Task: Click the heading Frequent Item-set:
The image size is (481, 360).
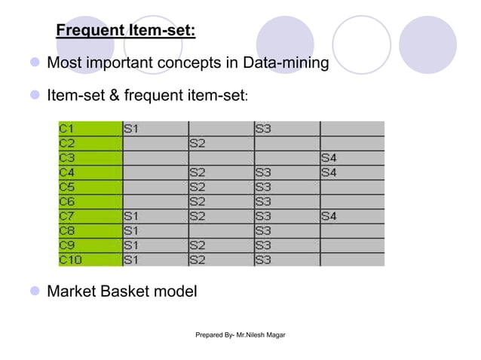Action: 126,31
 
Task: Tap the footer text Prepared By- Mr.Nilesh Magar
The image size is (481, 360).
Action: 240,333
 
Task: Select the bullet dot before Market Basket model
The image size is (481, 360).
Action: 34,291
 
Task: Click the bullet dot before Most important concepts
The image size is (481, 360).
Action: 34,63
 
